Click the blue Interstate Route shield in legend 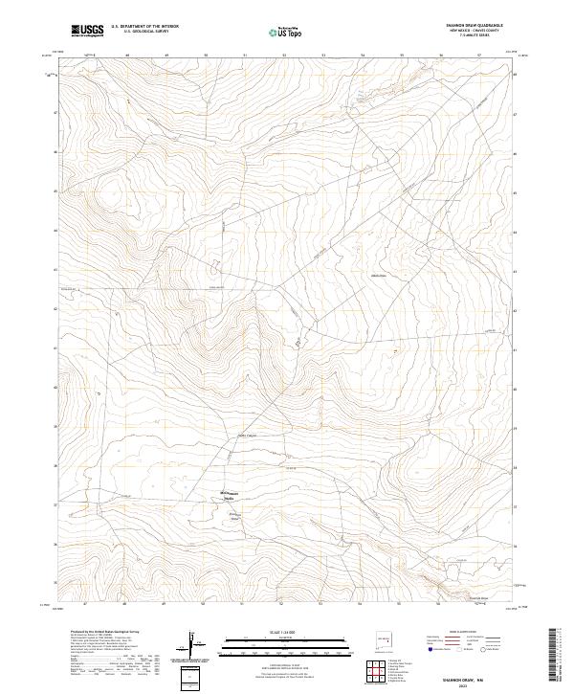(x=418, y=648)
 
